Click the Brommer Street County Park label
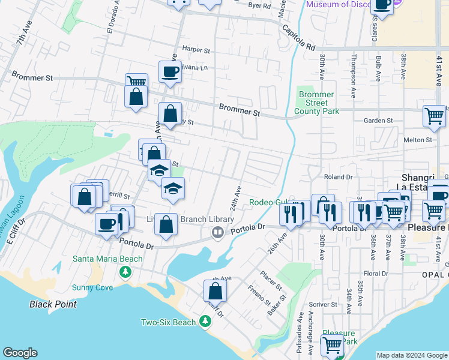click(318, 103)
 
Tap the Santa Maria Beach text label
click(107, 259)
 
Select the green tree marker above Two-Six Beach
click(205, 322)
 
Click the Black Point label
click(53, 304)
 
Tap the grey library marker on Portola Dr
click(218, 232)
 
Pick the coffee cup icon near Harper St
click(170, 72)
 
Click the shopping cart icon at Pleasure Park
click(331, 346)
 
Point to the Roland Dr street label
click(338, 177)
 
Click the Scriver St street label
click(323, 305)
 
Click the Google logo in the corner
click(20, 353)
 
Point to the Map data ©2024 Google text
click(411, 355)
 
